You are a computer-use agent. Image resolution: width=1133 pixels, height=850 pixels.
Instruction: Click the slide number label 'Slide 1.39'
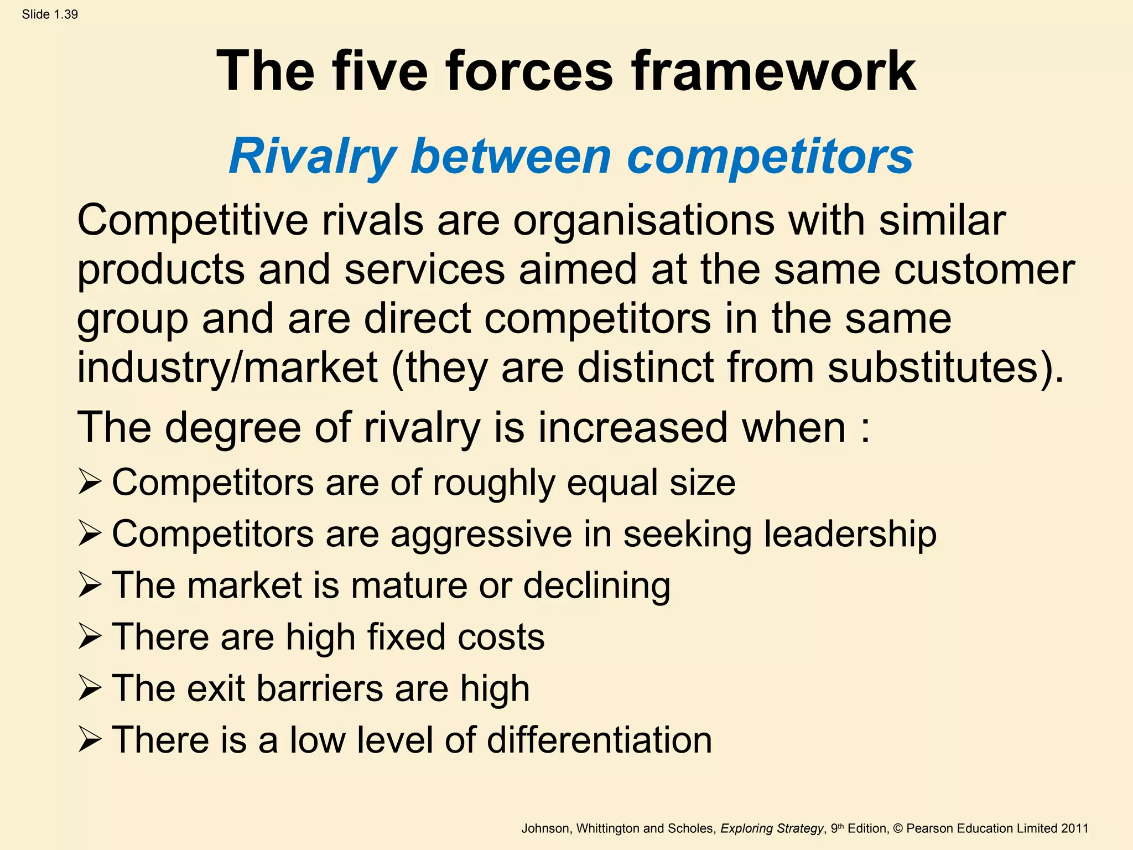tap(50, 14)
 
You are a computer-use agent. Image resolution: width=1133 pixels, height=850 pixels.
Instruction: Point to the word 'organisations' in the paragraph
tap(644, 220)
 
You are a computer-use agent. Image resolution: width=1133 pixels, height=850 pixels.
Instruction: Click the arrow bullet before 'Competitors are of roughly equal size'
tap(89, 481)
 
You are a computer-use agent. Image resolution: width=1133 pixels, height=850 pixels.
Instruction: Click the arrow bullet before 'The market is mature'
tap(89, 585)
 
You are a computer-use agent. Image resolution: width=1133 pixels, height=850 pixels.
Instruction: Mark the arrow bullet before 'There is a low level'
tap(89, 740)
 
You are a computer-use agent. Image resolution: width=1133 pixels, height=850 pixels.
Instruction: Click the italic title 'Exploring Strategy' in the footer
tap(772, 828)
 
